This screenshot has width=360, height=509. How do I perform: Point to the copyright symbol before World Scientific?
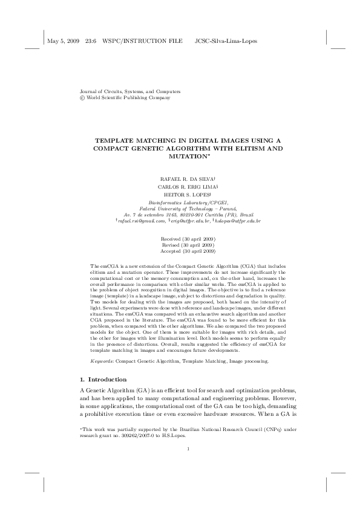pyautogui.click(x=83, y=97)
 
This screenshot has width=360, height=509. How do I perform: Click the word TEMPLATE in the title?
pyautogui.click(x=113, y=140)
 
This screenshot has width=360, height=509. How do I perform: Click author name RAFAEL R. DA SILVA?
pyautogui.click(x=183, y=179)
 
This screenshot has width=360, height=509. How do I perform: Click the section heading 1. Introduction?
pyautogui.click(x=103, y=379)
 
